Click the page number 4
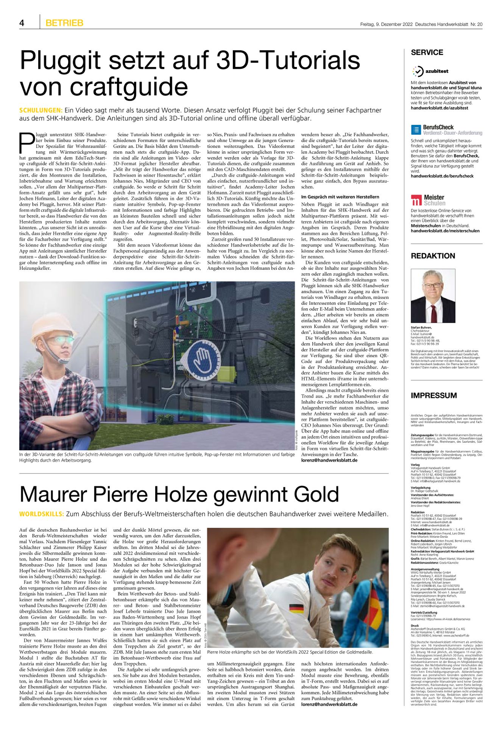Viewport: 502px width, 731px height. click(x=22, y=23)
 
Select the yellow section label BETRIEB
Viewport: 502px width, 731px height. click(x=64, y=23)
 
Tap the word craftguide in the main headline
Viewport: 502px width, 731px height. click(x=129, y=87)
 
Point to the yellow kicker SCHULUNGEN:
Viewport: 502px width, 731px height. click(x=41, y=110)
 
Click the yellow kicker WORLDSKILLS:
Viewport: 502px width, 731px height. click(x=42, y=514)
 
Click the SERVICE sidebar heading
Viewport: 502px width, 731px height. click(x=427, y=53)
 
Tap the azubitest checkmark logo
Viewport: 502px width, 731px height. click(x=418, y=71)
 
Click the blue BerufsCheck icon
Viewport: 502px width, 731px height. click(x=416, y=130)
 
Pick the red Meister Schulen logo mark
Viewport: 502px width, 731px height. click(x=416, y=200)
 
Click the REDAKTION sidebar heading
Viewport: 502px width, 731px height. click(x=433, y=256)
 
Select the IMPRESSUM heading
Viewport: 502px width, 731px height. click(x=433, y=395)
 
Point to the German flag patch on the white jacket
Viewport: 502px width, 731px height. click(x=296, y=609)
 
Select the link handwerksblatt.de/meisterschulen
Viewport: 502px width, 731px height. click(x=445, y=231)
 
